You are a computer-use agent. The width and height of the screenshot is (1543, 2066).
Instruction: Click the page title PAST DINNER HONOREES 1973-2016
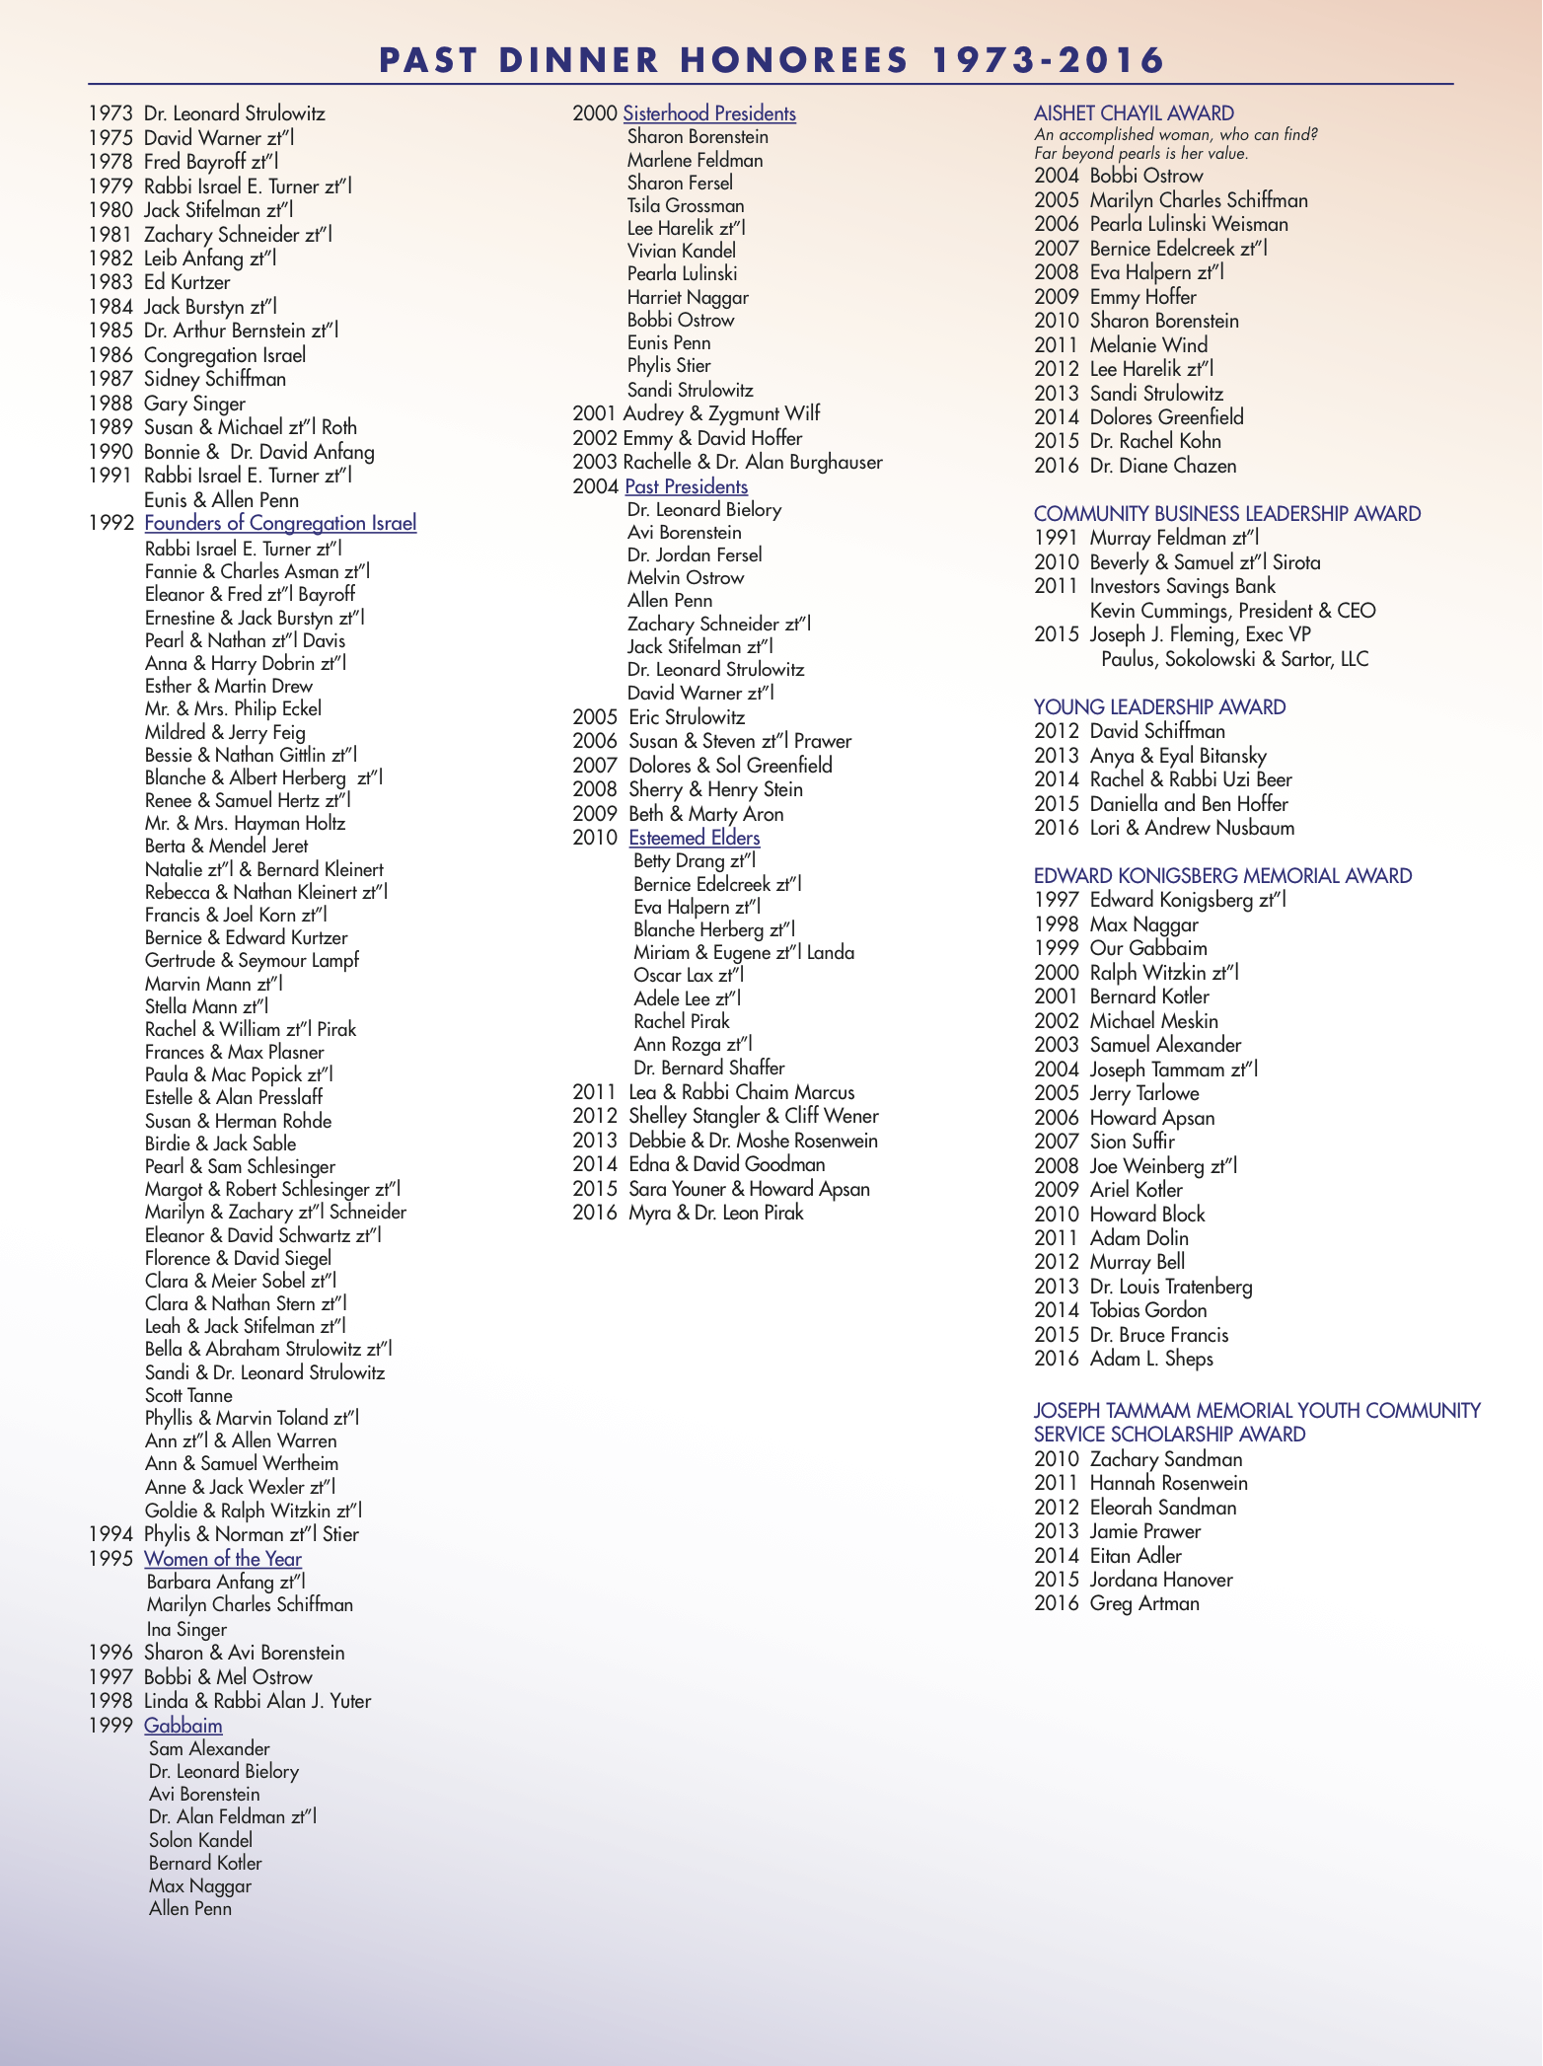[771, 60]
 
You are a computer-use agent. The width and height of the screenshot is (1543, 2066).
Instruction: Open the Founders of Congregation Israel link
[280, 523]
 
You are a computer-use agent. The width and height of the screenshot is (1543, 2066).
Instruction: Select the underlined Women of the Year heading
[223, 1559]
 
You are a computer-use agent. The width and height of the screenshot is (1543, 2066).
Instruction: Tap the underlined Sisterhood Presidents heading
[709, 113]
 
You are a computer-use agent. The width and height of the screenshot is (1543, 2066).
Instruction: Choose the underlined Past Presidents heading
[687, 486]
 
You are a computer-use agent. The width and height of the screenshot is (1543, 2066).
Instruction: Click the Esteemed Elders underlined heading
[695, 838]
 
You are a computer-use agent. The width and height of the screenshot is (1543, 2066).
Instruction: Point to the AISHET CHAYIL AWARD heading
[1134, 113]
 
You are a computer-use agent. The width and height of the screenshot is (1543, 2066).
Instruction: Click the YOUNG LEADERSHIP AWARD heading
[1159, 706]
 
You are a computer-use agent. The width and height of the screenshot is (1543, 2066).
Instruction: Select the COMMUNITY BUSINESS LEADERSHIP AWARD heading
[1226, 514]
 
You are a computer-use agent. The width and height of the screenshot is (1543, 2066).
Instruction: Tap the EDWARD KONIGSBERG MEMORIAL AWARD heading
[1222, 876]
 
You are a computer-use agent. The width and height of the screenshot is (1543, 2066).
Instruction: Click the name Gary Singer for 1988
[194, 404]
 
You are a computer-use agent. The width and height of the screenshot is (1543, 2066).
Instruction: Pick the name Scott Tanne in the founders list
[188, 1395]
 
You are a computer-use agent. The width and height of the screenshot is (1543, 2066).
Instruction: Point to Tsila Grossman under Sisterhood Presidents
[686, 205]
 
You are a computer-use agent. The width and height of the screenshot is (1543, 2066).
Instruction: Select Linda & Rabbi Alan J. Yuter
[257, 1701]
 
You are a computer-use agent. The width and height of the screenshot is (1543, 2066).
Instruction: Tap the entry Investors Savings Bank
[1182, 587]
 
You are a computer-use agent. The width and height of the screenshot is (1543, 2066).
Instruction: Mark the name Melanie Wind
[1148, 345]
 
